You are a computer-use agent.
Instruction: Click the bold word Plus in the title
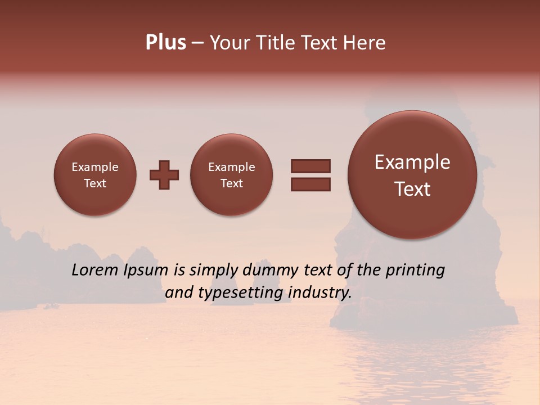coord(165,43)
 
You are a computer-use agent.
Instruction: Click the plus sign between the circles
coord(164,175)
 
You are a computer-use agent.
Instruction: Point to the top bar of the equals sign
coord(310,166)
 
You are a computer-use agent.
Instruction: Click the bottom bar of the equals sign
coord(310,184)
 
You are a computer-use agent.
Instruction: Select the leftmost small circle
coord(95,175)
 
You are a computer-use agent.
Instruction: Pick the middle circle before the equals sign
coord(232,175)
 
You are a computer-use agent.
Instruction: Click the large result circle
coord(412,175)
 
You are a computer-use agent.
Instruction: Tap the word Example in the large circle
coord(412,162)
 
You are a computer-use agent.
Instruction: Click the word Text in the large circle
coord(412,189)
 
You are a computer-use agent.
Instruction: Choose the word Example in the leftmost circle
coord(95,167)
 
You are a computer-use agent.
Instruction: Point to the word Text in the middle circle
coord(232,183)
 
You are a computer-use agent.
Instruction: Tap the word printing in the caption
coord(415,270)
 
